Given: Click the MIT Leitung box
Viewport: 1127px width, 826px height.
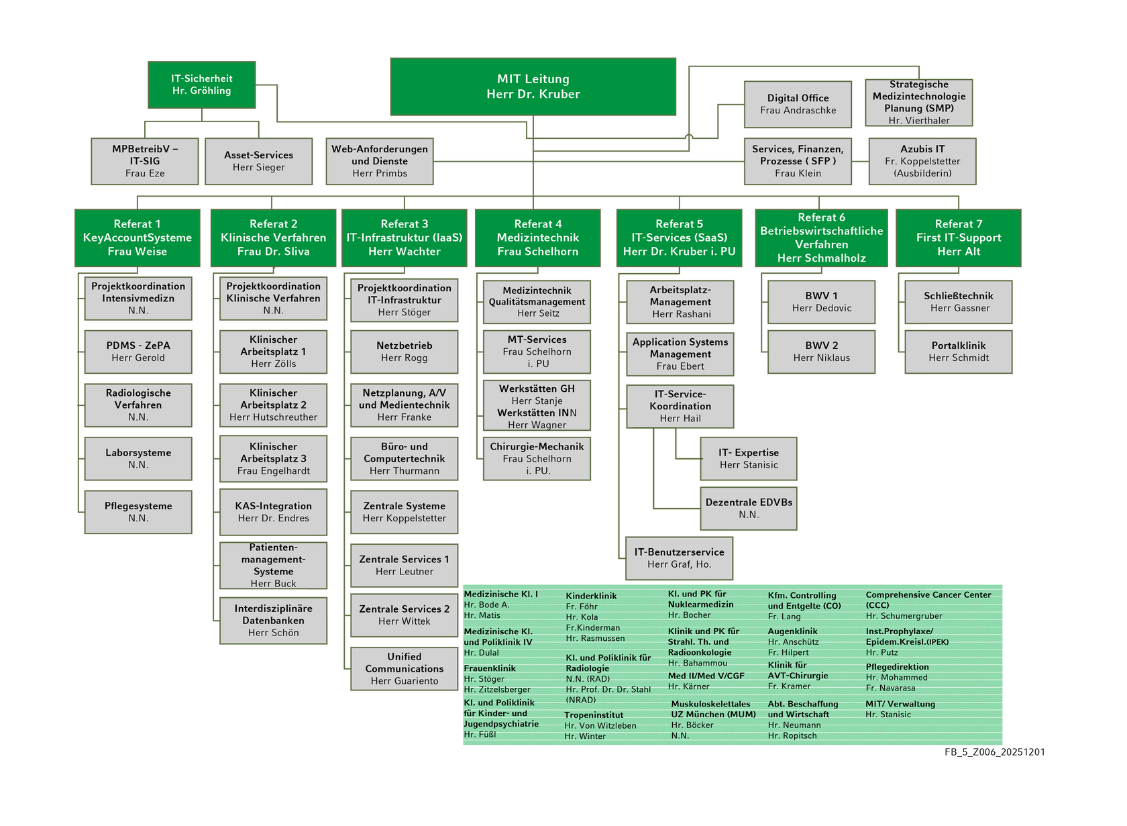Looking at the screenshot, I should (x=533, y=87).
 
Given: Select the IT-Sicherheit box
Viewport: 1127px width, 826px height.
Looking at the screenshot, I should (x=202, y=85).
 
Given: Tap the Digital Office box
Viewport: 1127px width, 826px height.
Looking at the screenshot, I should (x=798, y=104).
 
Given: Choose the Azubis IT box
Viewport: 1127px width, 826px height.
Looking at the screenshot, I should (x=922, y=161).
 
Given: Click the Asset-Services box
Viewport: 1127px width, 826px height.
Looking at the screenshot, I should (x=259, y=161).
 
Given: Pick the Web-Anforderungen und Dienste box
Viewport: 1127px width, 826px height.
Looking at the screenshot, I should (x=380, y=161).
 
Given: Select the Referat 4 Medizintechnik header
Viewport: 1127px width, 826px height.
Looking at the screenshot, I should (x=538, y=238).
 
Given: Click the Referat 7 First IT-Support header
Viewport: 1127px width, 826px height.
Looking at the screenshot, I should (x=959, y=238).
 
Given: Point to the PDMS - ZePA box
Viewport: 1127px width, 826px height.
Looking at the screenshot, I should (x=138, y=352).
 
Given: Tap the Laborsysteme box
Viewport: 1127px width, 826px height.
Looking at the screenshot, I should (x=138, y=458).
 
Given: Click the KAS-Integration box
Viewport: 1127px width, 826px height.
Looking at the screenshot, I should (x=274, y=512).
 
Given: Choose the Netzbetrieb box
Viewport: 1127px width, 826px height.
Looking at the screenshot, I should (x=405, y=352).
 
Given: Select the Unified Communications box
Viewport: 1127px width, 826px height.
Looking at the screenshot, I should (x=405, y=668).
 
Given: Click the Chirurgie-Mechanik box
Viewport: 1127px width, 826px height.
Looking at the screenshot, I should (x=537, y=458).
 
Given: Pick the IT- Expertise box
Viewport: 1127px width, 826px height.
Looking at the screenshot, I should (x=749, y=458).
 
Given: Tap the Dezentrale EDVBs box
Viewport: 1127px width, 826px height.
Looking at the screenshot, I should (x=749, y=508).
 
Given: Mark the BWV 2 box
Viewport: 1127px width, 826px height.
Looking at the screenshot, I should (x=822, y=352).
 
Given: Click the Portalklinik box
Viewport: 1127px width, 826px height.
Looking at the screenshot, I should (x=959, y=352).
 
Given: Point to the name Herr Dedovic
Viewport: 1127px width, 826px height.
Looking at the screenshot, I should (x=822, y=308).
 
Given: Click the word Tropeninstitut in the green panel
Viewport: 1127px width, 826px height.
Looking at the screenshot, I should (x=594, y=715).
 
